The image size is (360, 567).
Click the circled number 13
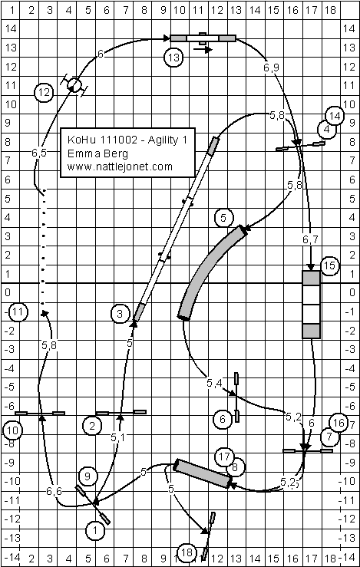[x=173, y=58]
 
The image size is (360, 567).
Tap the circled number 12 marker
[x=44, y=94]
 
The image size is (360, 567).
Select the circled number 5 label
[x=224, y=218]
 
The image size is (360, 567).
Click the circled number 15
[x=329, y=265]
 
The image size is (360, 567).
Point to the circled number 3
[x=120, y=314]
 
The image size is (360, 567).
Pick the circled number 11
[x=18, y=312]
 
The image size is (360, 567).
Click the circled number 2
[x=92, y=426]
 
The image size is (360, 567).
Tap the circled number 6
[x=223, y=419]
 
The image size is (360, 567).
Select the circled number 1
[x=94, y=531]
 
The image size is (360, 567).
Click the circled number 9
[x=88, y=476]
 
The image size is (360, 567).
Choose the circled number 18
[x=187, y=552]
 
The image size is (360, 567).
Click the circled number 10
[x=12, y=430]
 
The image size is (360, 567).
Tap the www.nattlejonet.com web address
[x=120, y=166]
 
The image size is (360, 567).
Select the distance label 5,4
[x=214, y=384]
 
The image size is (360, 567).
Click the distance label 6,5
[x=38, y=153]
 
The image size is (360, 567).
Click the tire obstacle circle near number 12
[x=74, y=85]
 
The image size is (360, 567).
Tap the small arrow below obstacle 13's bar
[x=203, y=50]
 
